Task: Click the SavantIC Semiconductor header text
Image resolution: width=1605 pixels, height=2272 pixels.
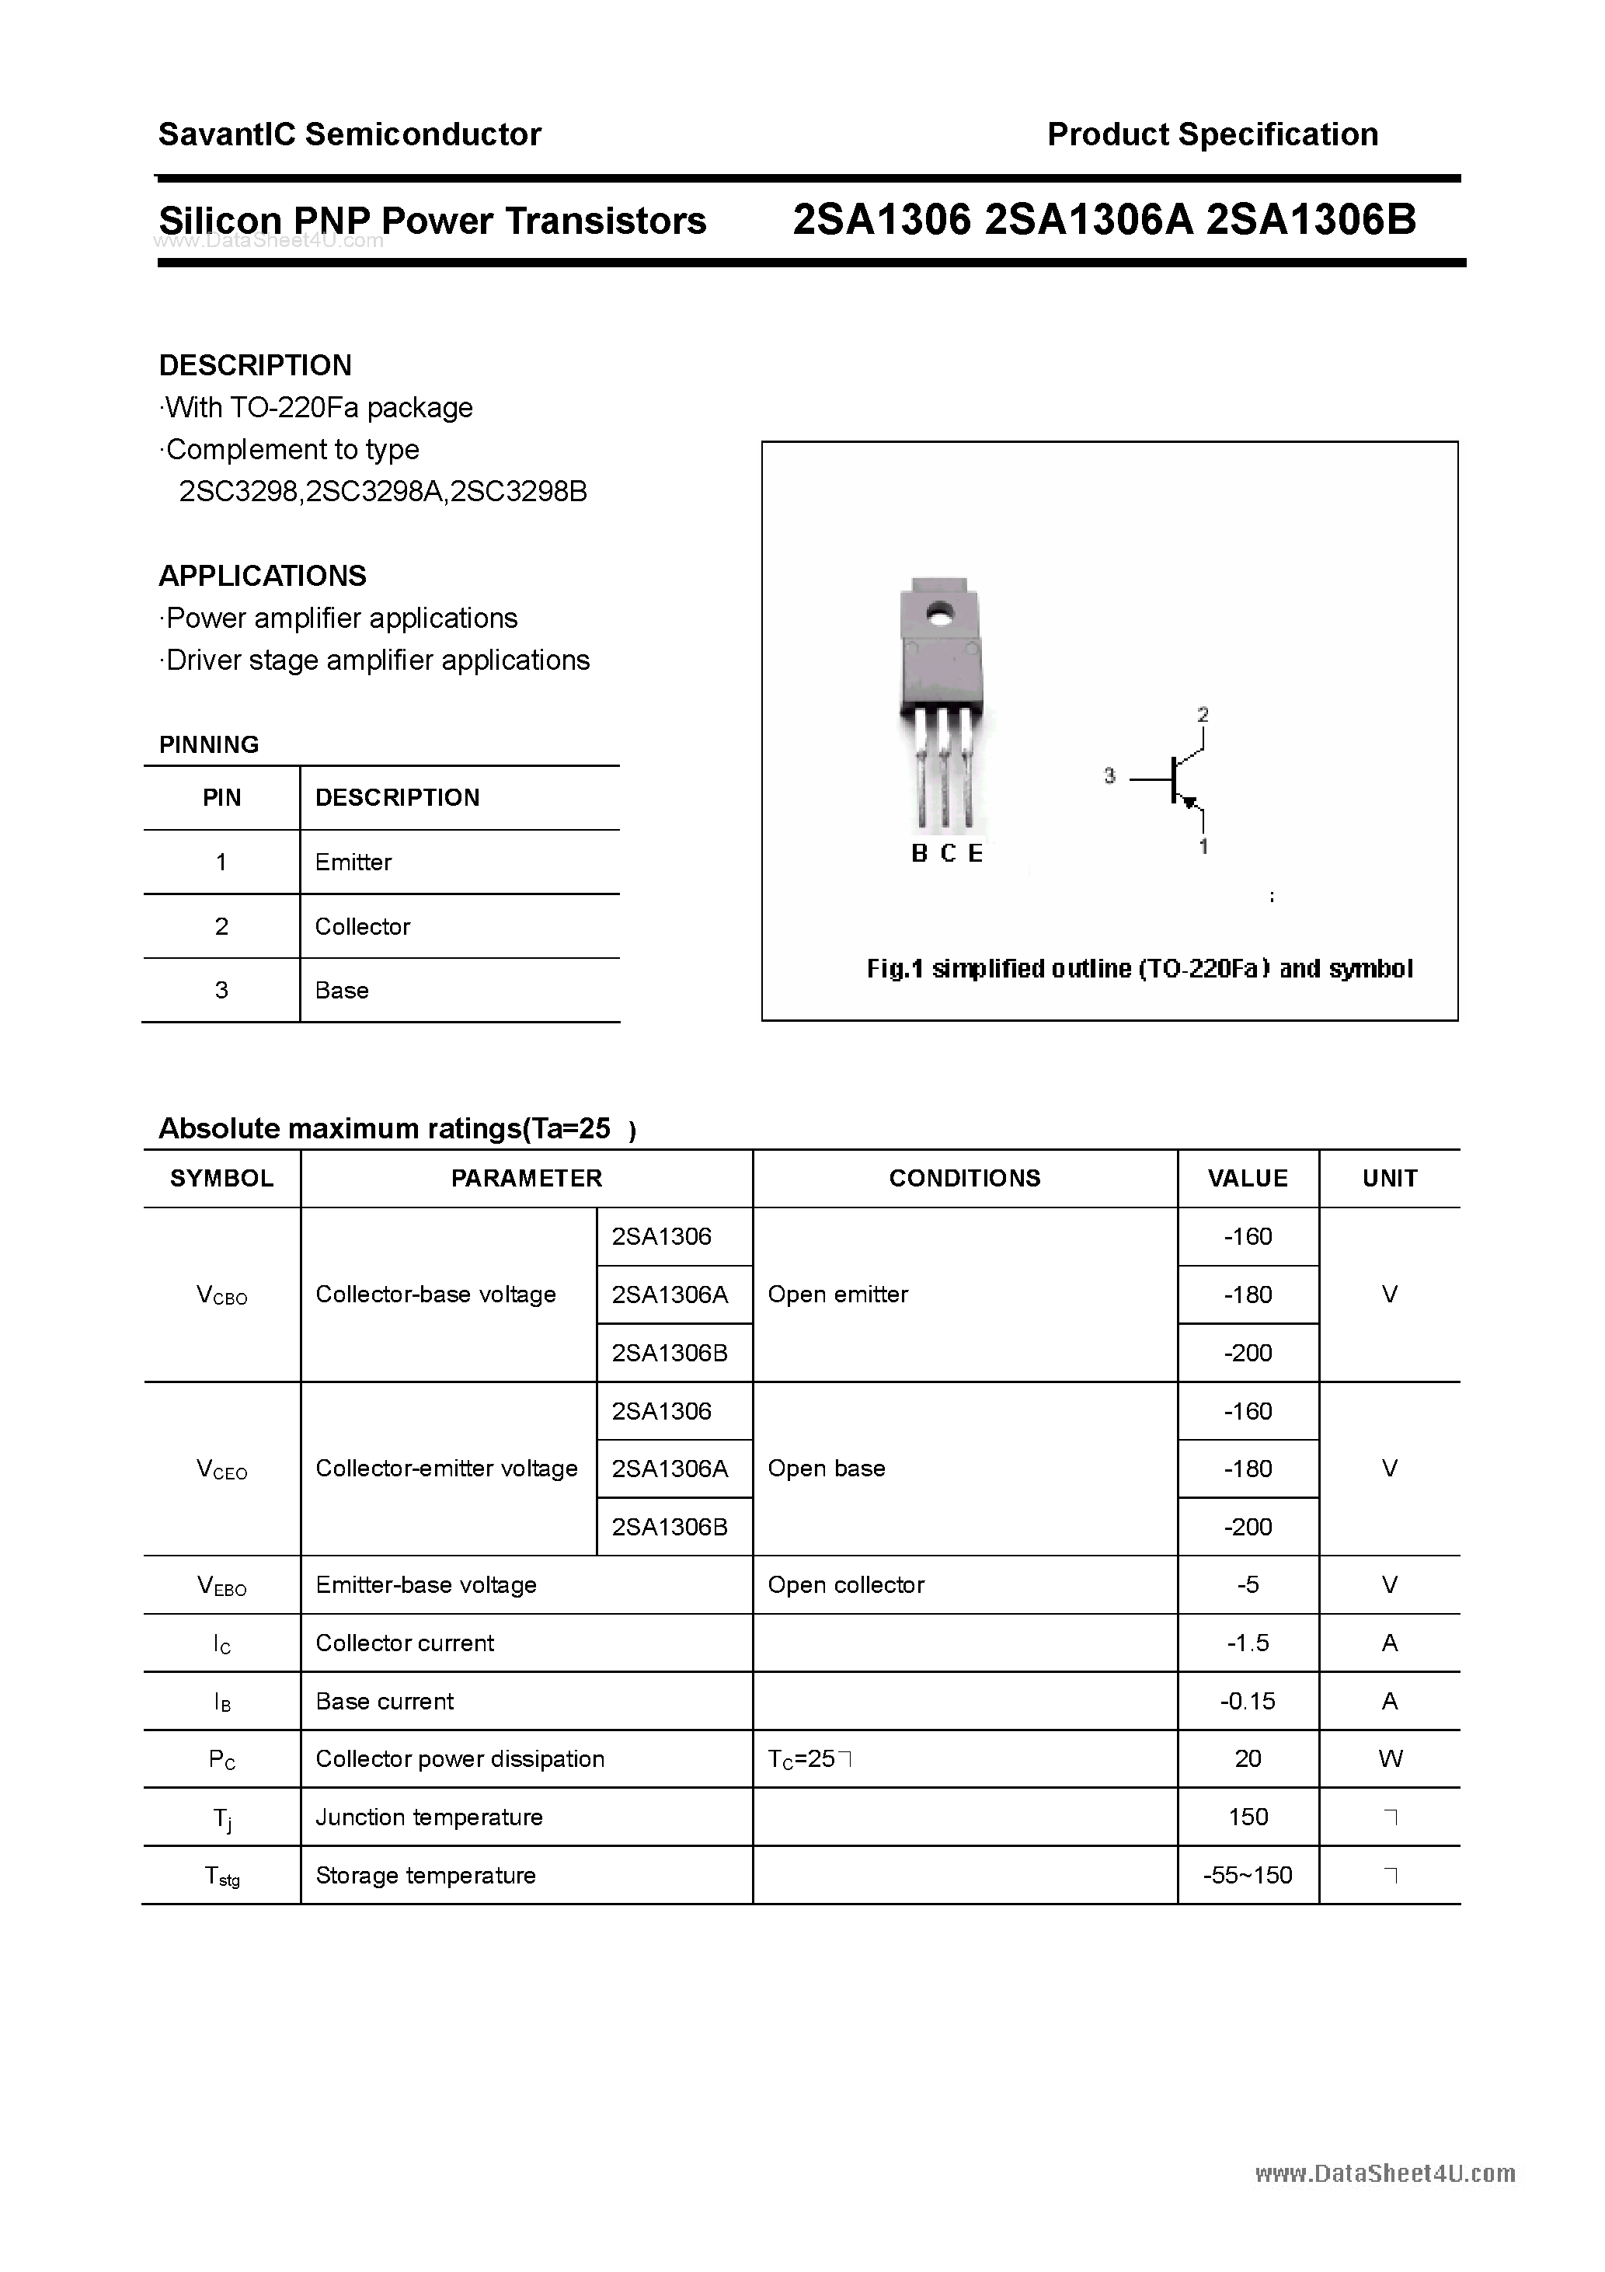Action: (350, 134)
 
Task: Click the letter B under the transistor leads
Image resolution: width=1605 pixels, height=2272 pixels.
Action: (919, 853)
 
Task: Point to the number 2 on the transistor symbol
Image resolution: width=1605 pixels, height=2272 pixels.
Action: (1203, 713)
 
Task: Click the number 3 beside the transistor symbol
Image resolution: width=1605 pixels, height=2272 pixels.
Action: (1109, 775)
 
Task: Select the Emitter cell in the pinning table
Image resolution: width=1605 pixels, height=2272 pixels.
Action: (353, 862)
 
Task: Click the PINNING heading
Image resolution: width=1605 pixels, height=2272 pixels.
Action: (209, 744)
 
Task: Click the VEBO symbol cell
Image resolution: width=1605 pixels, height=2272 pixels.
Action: (221, 1585)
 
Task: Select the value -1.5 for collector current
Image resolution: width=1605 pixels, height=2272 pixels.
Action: (1247, 1643)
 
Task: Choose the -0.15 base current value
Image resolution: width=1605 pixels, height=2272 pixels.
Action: (1247, 1701)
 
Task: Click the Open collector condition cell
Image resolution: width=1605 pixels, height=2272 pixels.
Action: (845, 1584)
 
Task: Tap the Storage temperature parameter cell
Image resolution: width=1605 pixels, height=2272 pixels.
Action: (426, 1875)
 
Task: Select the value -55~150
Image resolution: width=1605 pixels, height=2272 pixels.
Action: (1247, 1875)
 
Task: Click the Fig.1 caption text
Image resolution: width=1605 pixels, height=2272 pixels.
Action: (1139, 968)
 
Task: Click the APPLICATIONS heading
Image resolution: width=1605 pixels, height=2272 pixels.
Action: (263, 576)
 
